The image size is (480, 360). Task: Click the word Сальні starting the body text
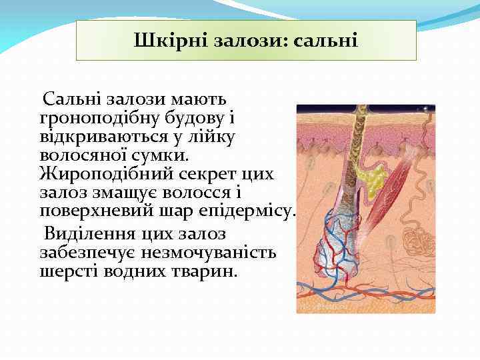tap(71, 99)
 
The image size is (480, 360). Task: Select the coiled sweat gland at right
tap(421, 237)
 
